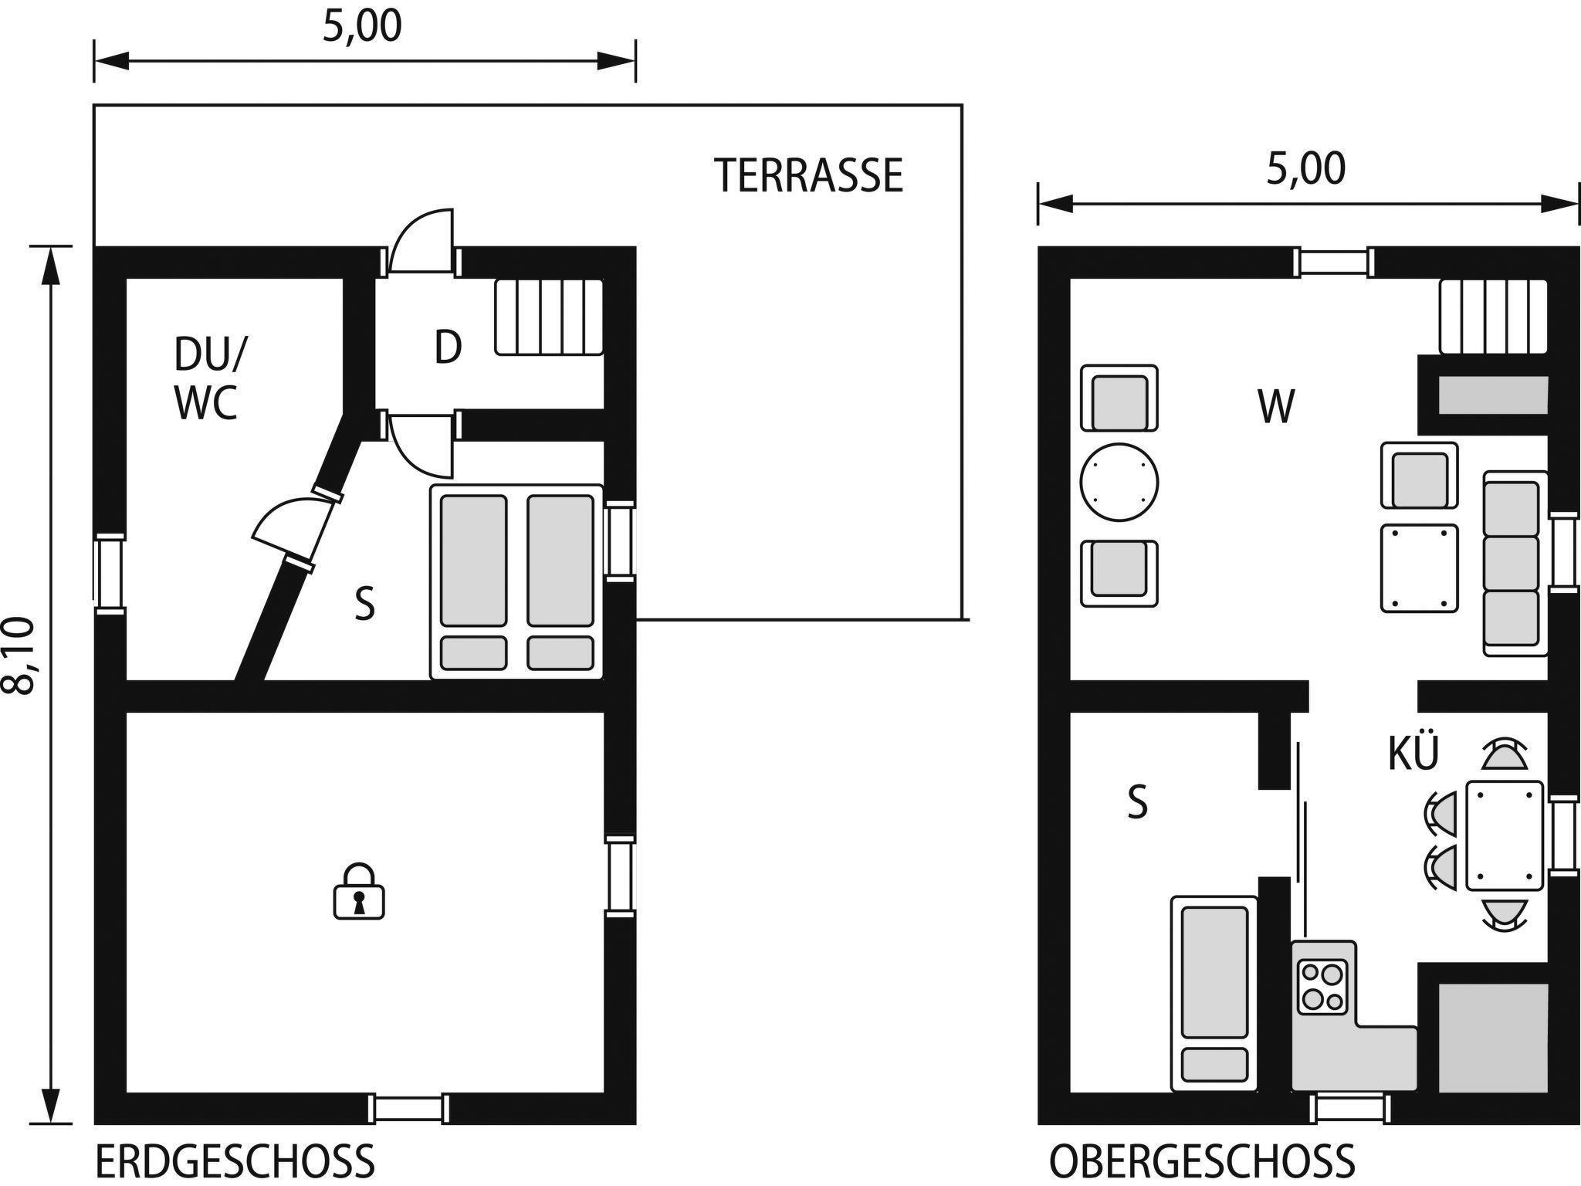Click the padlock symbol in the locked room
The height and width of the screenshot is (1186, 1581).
(358, 891)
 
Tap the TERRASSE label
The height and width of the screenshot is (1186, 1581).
(808, 175)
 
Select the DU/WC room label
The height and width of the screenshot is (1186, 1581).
(208, 378)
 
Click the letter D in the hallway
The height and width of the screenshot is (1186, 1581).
(448, 347)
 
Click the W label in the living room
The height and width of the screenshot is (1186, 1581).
(1275, 406)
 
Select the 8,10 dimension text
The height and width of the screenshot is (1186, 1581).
(20, 656)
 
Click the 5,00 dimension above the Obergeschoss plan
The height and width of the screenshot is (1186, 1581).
(1306, 169)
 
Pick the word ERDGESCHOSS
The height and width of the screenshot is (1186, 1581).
(235, 1161)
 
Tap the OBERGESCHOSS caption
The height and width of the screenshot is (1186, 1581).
(1202, 1161)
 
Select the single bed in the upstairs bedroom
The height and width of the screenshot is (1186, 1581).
(1214, 994)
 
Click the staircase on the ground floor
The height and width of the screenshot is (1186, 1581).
(549, 317)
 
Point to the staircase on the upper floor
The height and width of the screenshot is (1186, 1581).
(1494, 317)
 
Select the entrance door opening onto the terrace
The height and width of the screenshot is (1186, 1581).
(421, 241)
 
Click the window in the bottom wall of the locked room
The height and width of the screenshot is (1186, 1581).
(409, 1109)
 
